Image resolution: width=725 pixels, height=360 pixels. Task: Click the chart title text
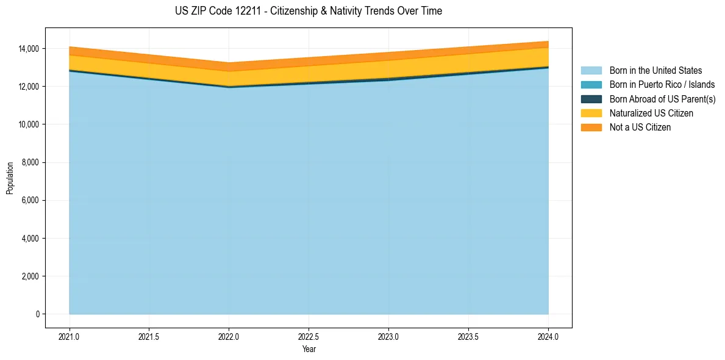pyautogui.click(x=308, y=11)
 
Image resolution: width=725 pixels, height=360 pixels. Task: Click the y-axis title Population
pyautogui.click(x=10, y=178)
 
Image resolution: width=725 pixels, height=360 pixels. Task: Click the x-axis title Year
pyautogui.click(x=309, y=349)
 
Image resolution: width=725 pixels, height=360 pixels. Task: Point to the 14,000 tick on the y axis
pyautogui.click(x=28, y=49)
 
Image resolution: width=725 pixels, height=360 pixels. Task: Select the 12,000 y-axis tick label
pyautogui.click(x=28, y=87)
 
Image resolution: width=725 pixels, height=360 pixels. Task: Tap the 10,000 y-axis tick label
pyautogui.click(x=28, y=124)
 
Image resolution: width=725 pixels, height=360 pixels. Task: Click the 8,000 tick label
pyautogui.click(x=30, y=162)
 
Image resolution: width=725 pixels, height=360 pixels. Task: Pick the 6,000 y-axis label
pyautogui.click(x=30, y=200)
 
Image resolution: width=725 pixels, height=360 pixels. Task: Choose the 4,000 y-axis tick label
pyautogui.click(x=30, y=238)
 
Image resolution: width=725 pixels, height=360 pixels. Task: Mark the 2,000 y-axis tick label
pyautogui.click(x=30, y=276)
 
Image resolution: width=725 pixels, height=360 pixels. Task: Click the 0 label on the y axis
pyautogui.click(x=37, y=314)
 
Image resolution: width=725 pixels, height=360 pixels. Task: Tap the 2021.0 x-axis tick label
pyautogui.click(x=70, y=336)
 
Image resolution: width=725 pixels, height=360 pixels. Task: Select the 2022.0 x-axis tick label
pyautogui.click(x=229, y=336)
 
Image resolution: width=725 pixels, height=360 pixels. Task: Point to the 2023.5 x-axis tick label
pyautogui.click(x=468, y=336)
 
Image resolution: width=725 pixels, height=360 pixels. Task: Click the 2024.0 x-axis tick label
pyautogui.click(x=548, y=336)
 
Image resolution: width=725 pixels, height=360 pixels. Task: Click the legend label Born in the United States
pyautogui.click(x=655, y=71)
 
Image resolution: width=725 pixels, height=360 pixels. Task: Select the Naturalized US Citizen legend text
pyautogui.click(x=651, y=113)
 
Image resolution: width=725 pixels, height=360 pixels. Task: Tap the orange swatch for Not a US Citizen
pyautogui.click(x=591, y=128)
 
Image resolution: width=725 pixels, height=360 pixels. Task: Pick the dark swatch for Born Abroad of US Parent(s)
pyautogui.click(x=591, y=99)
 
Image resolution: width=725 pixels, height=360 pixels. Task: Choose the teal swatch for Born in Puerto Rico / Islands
pyautogui.click(x=591, y=85)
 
